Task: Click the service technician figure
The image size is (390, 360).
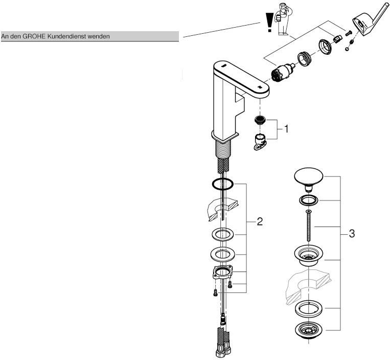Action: pos(280,19)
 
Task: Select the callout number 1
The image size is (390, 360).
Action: pos(286,129)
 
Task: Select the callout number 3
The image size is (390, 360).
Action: pos(352,234)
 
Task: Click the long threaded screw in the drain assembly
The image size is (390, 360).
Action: pos(309,226)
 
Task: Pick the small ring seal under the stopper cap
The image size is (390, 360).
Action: pos(309,199)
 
